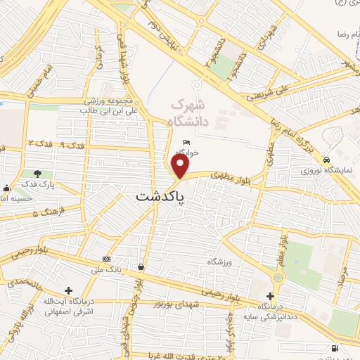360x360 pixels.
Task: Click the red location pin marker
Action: coord(181,167)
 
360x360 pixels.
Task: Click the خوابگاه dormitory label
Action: coord(187,152)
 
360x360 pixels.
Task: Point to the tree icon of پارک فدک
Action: coord(37,174)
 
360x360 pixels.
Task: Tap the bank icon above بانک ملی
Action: coord(106,258)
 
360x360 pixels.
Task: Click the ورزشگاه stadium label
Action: coord(220,262)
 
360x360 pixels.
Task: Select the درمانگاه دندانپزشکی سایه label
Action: coord(271,310)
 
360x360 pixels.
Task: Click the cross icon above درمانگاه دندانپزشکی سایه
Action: coord(271,296)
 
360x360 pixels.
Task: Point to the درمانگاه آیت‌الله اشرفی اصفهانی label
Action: coord(69,308)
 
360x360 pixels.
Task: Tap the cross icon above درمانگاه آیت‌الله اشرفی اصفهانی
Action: coord(68,290)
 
